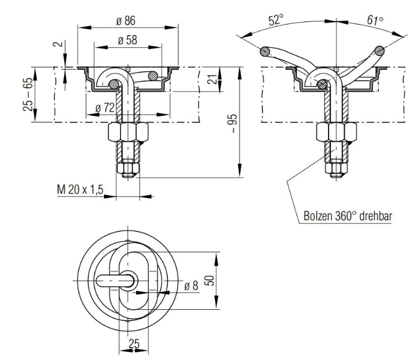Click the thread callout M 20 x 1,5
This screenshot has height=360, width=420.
[x=81, y=189]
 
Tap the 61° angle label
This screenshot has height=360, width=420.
[x=375, y=20]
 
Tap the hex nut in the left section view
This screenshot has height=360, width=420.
[x=127, y=133]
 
